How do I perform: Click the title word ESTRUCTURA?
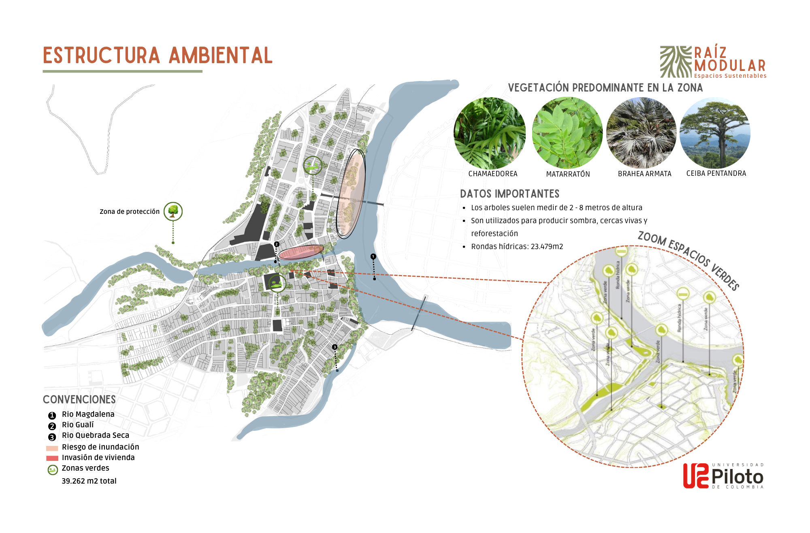[x=101, y=55]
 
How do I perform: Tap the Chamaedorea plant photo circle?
[x=489, y=133]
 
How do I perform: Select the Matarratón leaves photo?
[x=567, y=133]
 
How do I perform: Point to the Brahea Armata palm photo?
[x=641, y=133]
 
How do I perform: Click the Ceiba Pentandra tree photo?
[x=715, y=133]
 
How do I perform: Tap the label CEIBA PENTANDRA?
[x=716, y=173]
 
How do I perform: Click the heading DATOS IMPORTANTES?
[x=509, y=194]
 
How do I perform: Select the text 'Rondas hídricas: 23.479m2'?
[x=517, y=246]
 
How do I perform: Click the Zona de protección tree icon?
[x=173, y=211]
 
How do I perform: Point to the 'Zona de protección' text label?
[x=129, y=211]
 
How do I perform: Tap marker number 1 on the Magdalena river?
[x=373, y=256]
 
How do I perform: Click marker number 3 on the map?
[x=335, y=347]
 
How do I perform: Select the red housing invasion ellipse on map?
[x=301, y=252]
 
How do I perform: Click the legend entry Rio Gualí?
[x=77, y=424]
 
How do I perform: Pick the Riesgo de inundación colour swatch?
[x=52, y=448]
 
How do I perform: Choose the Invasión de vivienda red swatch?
[x=52, y=458]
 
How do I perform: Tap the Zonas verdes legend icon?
[x=53, y=470]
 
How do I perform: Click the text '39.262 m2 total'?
[x=89, y=481]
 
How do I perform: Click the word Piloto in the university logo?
[x=737, y=477]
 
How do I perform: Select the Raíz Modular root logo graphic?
[x=676, y=62]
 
